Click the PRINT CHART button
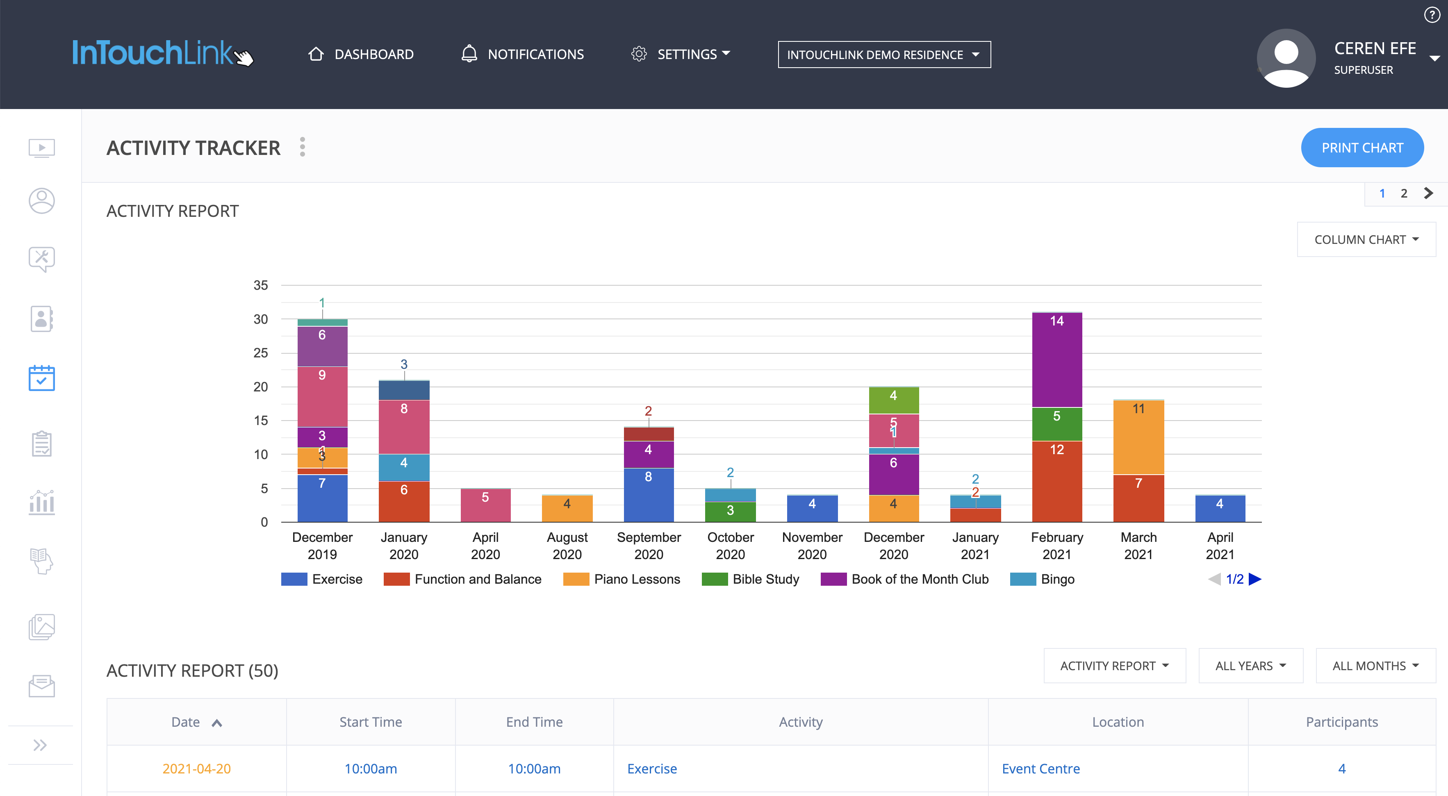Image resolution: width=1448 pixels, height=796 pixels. click(1361, 148)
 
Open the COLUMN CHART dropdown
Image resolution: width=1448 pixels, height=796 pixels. click(1366, 239)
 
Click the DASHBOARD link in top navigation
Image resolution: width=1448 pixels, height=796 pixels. click(362, 55)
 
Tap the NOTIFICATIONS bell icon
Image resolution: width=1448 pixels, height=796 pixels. click(469, 54)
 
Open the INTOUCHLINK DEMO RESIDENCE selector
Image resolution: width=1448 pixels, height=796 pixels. click(883, 55)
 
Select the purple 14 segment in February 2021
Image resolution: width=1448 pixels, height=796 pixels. click(1057, 360)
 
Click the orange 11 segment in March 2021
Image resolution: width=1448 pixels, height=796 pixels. click(1138, 437)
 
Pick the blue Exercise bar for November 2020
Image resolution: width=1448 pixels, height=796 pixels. click(812, 509)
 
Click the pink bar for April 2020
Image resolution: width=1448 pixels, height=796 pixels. click(485, 505)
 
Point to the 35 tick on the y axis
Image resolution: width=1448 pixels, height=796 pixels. click(260, 285)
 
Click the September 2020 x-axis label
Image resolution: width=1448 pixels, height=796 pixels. click(649, 545)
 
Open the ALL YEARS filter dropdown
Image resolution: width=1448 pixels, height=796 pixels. click(1250, 666)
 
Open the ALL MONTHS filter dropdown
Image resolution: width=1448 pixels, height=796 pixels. click(1375, 666)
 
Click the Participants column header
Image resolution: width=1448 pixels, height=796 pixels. click(1341, 722)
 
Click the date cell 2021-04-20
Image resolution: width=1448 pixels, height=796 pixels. click(196, 769)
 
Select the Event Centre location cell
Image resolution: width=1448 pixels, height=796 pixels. click(1040, 769)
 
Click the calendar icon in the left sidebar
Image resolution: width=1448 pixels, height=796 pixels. click(41, 378)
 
